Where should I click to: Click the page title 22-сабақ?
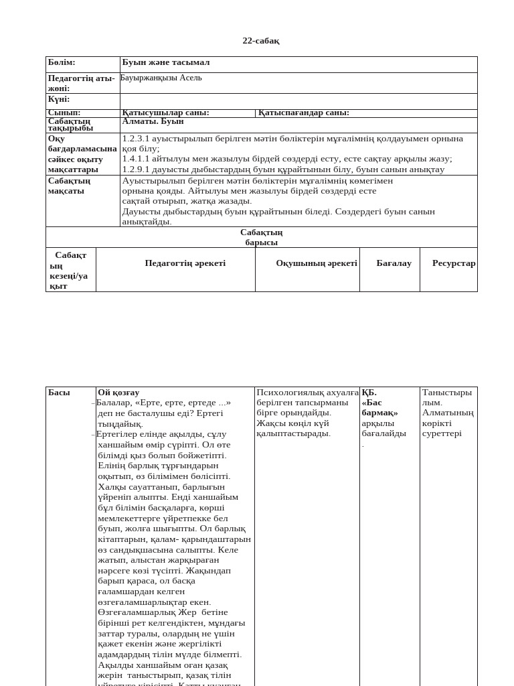click(260, 41)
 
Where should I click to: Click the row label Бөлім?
click(62, 62)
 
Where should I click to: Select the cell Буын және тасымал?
click(166, 62)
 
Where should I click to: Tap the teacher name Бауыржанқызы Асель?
click(161, 78)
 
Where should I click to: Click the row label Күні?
click(59, 99)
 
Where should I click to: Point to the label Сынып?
click(64, 113)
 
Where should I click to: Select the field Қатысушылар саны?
click(165, 113)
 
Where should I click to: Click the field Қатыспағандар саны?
click(304, 113)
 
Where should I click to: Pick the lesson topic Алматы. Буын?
click(153, 121)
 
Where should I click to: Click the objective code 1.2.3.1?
click(136, 139)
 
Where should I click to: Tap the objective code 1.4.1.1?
click(136, 159)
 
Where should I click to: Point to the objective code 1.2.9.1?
click(136, 169)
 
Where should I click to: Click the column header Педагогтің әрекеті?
click(185, 263)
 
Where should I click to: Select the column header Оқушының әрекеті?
click(317, 263)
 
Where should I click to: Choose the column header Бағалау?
click(394, 263)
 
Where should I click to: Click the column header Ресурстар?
click(454, 263)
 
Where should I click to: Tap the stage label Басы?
click(59, 393)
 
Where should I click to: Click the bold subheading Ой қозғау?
click(118, 393)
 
